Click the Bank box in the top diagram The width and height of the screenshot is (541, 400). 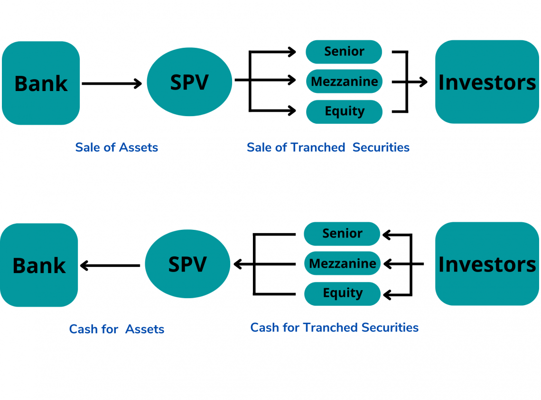(41, 83)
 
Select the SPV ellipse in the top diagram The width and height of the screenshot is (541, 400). (189, 82)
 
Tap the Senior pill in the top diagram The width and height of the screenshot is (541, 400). (344, 52)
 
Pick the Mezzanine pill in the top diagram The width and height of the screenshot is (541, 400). (345, 82)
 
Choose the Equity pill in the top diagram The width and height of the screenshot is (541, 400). (345, 112)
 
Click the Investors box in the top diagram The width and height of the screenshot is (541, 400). (487, 82)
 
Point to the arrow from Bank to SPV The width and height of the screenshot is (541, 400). (112, 83)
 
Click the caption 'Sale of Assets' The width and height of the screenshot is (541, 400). (117, 147)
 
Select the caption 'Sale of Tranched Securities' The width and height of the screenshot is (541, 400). (328, 147)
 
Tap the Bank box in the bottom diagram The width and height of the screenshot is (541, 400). (39, 265)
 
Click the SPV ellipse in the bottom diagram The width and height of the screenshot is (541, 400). (187, 264)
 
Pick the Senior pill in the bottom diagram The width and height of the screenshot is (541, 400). (342, 234)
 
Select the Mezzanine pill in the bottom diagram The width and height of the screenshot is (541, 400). (342, 263)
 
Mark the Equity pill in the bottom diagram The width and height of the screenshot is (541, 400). (342, 293)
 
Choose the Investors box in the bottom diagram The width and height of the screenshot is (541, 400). (487, 264)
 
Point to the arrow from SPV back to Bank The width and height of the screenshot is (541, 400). (110, 265)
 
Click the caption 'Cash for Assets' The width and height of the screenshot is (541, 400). (117, 329)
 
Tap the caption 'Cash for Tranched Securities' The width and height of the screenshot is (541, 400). (335, 327)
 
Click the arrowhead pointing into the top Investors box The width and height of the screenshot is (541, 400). (423, 82)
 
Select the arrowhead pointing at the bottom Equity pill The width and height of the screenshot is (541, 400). (387, 295)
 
